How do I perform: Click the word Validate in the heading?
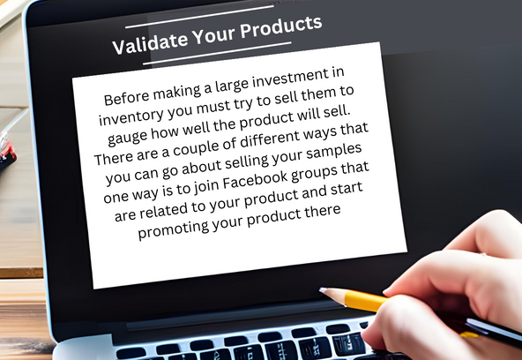coord(151,43)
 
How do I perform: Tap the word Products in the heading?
coord(281,27)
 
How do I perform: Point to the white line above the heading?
coord(200,17)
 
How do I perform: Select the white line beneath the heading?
coord(217,53)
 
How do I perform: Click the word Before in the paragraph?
coord(126,97)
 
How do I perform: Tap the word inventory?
coord(131,116)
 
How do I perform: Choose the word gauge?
coord(127,138)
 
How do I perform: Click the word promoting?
coord(173,229)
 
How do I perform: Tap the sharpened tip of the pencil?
coord(321,290)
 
